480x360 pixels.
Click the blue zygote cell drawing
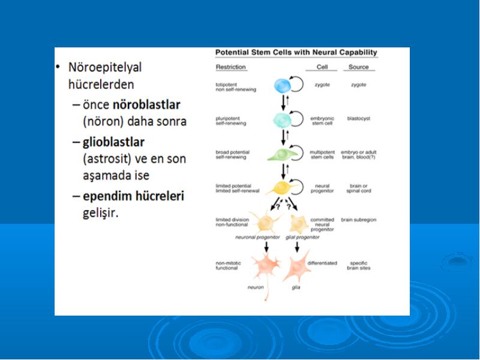[282, 86]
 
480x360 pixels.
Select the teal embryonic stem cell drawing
[281, 119]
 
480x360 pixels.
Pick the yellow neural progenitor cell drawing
[281, 188]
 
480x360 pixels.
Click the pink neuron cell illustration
[265, 269]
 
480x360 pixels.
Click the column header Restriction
[231, 67]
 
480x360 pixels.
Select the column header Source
[358, 67]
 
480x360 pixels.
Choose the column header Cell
[322, 67]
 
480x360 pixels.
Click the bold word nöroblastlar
[146, 104]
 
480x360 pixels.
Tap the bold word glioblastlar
[113, 142]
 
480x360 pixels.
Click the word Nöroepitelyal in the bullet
[105, 67]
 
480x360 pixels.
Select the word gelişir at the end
[100, 213]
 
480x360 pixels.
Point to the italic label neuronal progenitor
[257, 237]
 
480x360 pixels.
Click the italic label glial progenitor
[302, 237]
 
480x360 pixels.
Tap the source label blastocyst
[358, 118]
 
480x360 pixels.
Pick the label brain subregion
[358, 220]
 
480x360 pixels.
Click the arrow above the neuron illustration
[266, 247]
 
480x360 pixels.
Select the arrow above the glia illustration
[297, 247]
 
